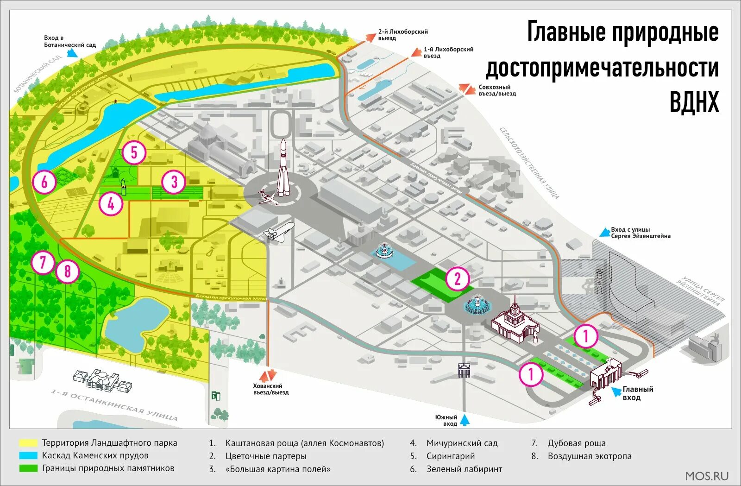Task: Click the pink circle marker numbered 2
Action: click(458, 278)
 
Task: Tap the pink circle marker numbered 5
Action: click(134, 152)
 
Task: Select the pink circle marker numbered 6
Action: click(44, 181)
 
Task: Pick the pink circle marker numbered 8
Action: click(68, 271)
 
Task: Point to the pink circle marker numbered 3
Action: click(174, 182)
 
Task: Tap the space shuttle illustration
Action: click(279, 230)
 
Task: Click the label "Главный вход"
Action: click(638, 393)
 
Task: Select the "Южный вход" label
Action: click(446, 420)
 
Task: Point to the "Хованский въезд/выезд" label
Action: click(270, 389)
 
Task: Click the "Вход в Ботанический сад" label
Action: click(70, 41)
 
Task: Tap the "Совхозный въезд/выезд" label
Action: click(497, 90)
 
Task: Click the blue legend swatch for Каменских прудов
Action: click(28, 456)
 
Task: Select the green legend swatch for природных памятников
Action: click(28, 468)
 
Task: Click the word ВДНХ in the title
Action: click(694, 102)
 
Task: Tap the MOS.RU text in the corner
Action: click(707, 476)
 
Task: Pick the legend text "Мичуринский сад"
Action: click(462, 443)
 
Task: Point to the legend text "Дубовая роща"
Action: click(577, 443)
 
